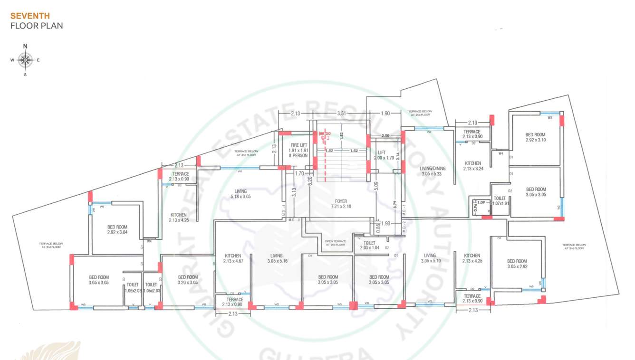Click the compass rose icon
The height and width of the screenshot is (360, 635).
click(x=25, y=60)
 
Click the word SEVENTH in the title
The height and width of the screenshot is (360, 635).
click(x=30, y=16)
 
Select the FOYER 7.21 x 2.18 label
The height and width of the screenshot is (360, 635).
click(x=341, y=204)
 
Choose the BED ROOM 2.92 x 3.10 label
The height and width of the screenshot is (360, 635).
click(x=536, y=137)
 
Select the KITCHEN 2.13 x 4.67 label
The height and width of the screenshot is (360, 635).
click(x=232, y=258)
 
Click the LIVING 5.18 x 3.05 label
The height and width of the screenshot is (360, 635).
click(x=241, y=193)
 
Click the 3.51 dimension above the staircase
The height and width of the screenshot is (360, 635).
click(x=341, y=114)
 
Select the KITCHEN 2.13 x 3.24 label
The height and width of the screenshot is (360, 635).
click(x=472, y=166)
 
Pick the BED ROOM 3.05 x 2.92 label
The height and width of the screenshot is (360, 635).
click(x=517, y=264)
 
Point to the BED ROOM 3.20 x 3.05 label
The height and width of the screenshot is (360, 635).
click(x=188, y=279)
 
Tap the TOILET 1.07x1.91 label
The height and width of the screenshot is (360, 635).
click(x=500, y=201)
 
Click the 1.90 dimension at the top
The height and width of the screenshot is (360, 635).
click(x=385, y=114)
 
